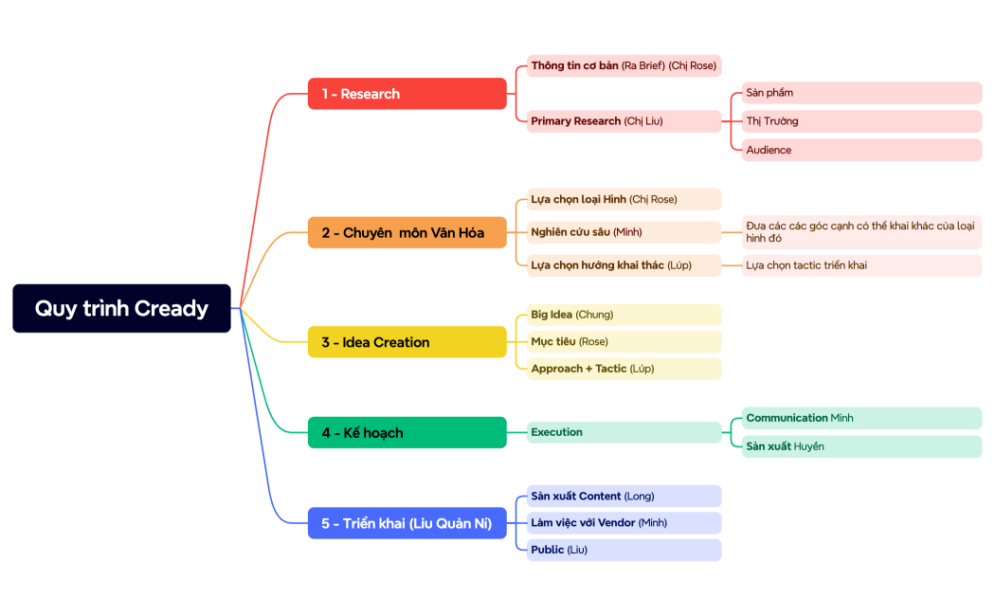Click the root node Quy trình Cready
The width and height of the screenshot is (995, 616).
coord(121,308)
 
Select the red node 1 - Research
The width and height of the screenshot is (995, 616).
coord(407,94)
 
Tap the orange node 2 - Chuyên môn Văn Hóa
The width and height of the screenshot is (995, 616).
coord(407,232)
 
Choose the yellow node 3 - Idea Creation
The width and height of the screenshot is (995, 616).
coord(407,342)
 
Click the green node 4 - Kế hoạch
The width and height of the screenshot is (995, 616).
coord(407,432)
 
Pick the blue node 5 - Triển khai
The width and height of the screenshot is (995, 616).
coord(407,523)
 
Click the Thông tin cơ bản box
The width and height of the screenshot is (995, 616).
coord(624,65)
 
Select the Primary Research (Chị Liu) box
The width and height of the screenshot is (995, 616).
coord(624,121)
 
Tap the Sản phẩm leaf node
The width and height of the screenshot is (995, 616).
coord(860,93)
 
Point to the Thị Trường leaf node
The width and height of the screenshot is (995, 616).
coord(860,121)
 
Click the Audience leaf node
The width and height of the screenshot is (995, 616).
coord(860,150)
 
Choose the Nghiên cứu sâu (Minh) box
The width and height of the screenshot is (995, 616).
coord(624,232)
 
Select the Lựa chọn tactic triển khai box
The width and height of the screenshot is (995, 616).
coord(860,265)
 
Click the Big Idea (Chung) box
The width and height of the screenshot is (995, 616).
coord(624,315)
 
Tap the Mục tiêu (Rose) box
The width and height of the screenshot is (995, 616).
coord(624,341)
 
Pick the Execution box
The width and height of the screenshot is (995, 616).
coord(624,432)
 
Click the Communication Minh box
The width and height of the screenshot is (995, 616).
coord(860,418)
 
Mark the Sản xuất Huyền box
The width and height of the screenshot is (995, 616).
coord(860,446)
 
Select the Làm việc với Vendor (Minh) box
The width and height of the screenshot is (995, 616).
coord(624,523)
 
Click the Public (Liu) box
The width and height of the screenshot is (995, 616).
coord(624,550)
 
